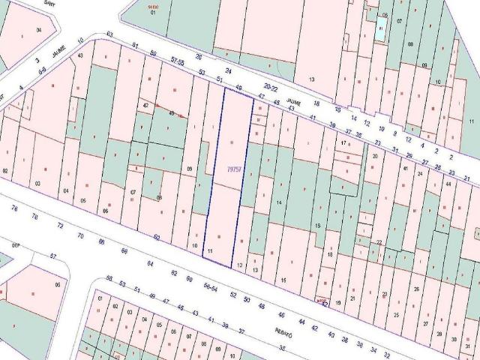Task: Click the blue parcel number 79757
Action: coord(234,170)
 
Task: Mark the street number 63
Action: coord(110,34)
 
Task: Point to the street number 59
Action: coord(153,52)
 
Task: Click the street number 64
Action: coord(150,263)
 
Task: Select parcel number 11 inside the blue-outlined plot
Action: coord(210,250)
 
